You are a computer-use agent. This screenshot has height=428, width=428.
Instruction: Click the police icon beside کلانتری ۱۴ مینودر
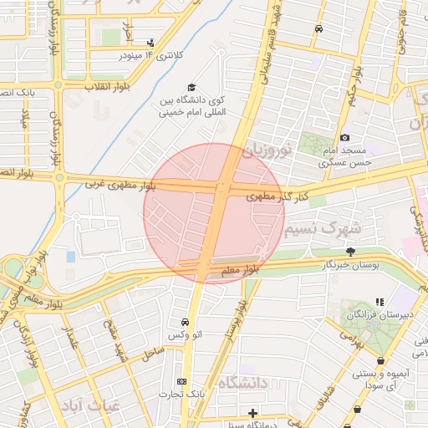point(150,42)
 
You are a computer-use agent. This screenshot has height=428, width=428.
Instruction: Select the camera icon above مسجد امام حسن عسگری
point(344,137)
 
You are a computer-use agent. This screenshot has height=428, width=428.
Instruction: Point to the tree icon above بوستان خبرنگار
point(350,252)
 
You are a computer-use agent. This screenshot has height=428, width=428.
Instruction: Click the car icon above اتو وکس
point(184,322)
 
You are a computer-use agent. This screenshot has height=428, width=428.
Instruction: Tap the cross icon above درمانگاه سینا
point(252,413)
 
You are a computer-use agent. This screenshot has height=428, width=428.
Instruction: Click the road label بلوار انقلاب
point(93,86)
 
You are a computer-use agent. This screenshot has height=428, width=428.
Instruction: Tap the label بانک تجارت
point(181,393)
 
